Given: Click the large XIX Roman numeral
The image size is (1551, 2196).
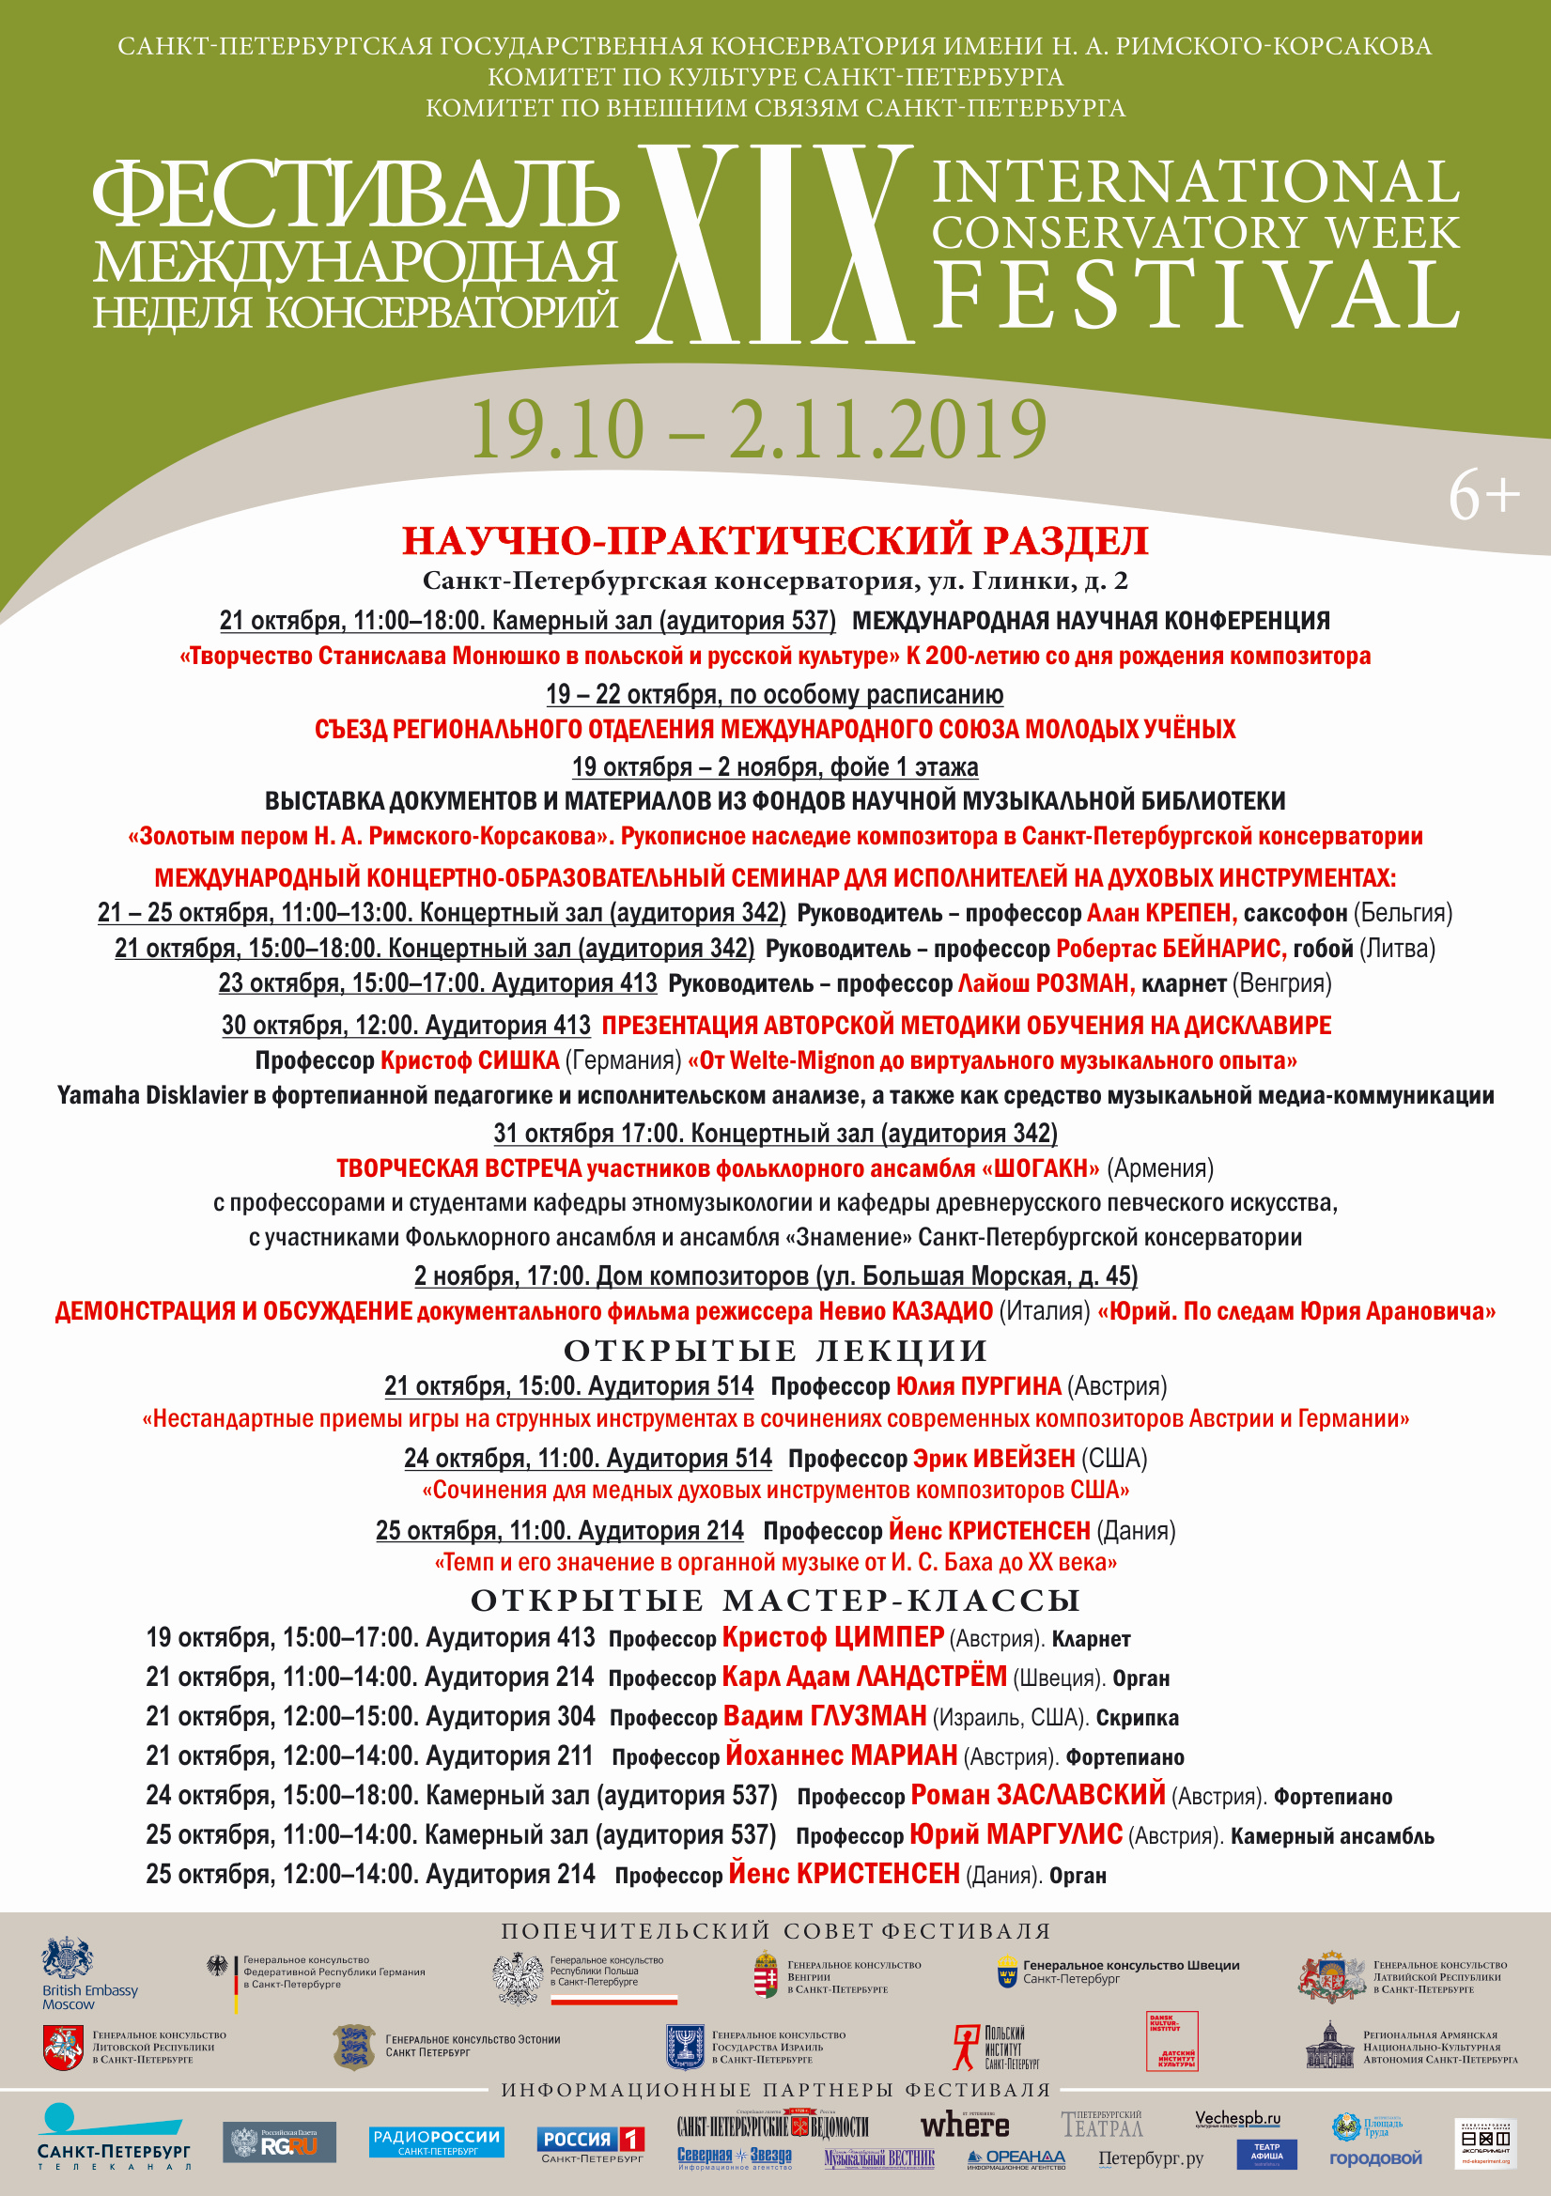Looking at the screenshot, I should click(x=775, y=244).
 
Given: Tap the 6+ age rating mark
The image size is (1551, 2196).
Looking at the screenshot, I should click(x=1483, y=496).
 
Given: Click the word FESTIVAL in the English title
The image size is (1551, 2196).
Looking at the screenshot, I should click(x=1196, y=295).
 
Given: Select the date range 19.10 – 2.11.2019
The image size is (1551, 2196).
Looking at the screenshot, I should click(x=759, y=429).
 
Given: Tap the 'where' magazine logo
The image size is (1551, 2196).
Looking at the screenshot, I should click(x=965, y=2126).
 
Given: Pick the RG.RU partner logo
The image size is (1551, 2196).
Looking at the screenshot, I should click(x=279, y=2142).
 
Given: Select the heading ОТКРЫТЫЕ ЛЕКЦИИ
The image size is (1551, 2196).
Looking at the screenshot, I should click(x=775, y=1351).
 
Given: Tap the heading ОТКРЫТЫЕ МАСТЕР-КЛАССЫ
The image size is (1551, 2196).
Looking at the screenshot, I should click(x=775, y=1601).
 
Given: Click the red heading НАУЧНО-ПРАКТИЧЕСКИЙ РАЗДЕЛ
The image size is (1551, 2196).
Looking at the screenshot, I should click(x=775, y=540).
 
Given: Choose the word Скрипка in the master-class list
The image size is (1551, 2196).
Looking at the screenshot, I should click(x=1137, y=1718).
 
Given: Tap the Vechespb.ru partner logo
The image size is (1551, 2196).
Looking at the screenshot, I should click(x=1237, y=2119).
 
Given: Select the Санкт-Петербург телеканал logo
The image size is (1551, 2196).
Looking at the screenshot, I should click(x=113, y=2138).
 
